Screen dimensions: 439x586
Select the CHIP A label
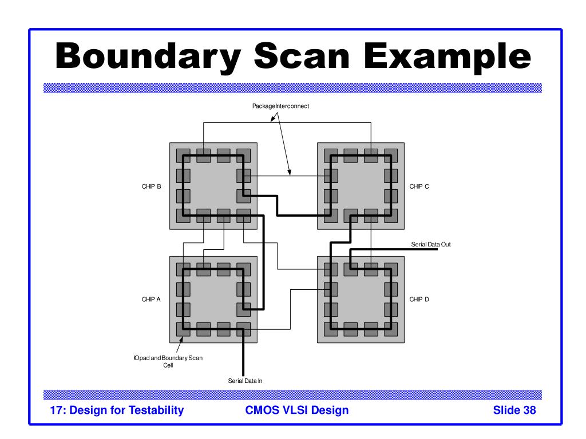coord(151,300)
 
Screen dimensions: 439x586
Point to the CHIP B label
coord(151,186)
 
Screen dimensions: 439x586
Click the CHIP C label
coord(419,186)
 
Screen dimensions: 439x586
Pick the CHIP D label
coord(419,300)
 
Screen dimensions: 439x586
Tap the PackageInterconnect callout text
coord(280,106)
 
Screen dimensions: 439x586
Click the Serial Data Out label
coord(431,245)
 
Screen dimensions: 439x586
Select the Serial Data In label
coord(246,380)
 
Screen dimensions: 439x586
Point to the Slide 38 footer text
coord(514,410)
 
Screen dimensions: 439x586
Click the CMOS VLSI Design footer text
coord(296,410)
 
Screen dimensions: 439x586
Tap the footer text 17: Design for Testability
coord(117,410)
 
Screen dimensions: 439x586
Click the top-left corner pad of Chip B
coord(183,155)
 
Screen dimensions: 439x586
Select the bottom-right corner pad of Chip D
coord(391,329)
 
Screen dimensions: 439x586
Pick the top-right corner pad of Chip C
coord(391,155)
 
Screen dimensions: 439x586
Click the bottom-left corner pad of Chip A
coord(183,329)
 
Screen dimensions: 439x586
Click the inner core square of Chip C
coord(361,186)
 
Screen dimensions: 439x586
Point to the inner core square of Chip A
coord(213,299)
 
